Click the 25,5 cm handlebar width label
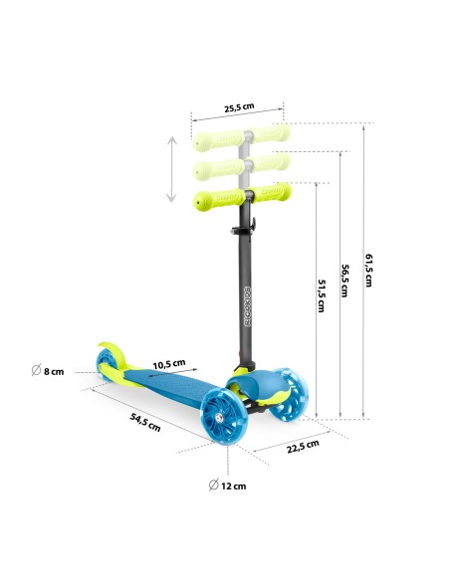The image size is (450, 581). tap(239, 107)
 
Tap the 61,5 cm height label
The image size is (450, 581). tap(368, 271)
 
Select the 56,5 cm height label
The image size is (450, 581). tap(344, 281)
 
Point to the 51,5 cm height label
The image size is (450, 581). tap(322, 295)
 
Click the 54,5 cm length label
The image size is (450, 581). tap(145, 423)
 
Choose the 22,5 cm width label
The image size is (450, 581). tap(303, 447)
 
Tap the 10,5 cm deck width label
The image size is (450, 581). tap(169, 364)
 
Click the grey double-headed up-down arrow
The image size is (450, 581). tap(171, 169)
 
